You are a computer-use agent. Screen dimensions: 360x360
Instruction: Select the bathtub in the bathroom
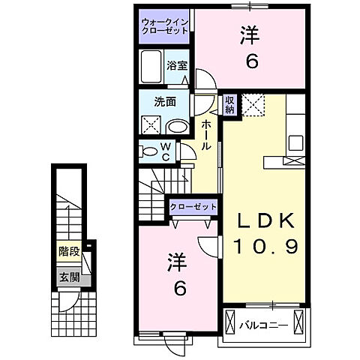[x=150, y=68]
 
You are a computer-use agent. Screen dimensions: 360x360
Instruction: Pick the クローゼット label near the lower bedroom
[x=193, y=206]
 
